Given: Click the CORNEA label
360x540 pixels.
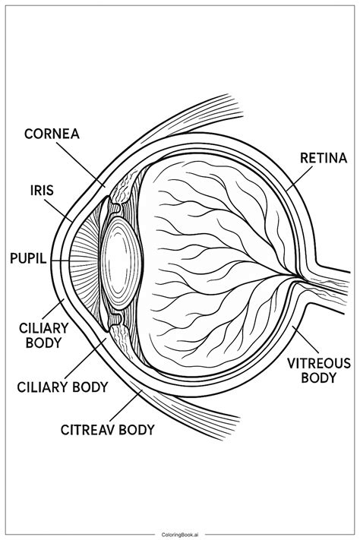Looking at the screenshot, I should click(52, 134).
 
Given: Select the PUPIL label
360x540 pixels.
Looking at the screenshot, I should click(28, 258).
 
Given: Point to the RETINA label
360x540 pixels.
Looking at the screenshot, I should click(324, 159).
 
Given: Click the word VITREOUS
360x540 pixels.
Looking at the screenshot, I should click(318, 363).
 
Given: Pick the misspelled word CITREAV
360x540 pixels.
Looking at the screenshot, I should click(88, 430).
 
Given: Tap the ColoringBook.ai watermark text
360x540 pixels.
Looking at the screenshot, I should click(180, 533).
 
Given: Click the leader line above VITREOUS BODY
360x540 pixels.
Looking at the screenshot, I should click(305, 340).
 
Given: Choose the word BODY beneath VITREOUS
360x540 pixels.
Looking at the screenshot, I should click(318, 377).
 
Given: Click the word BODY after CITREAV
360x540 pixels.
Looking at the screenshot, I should click(137, 430).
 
